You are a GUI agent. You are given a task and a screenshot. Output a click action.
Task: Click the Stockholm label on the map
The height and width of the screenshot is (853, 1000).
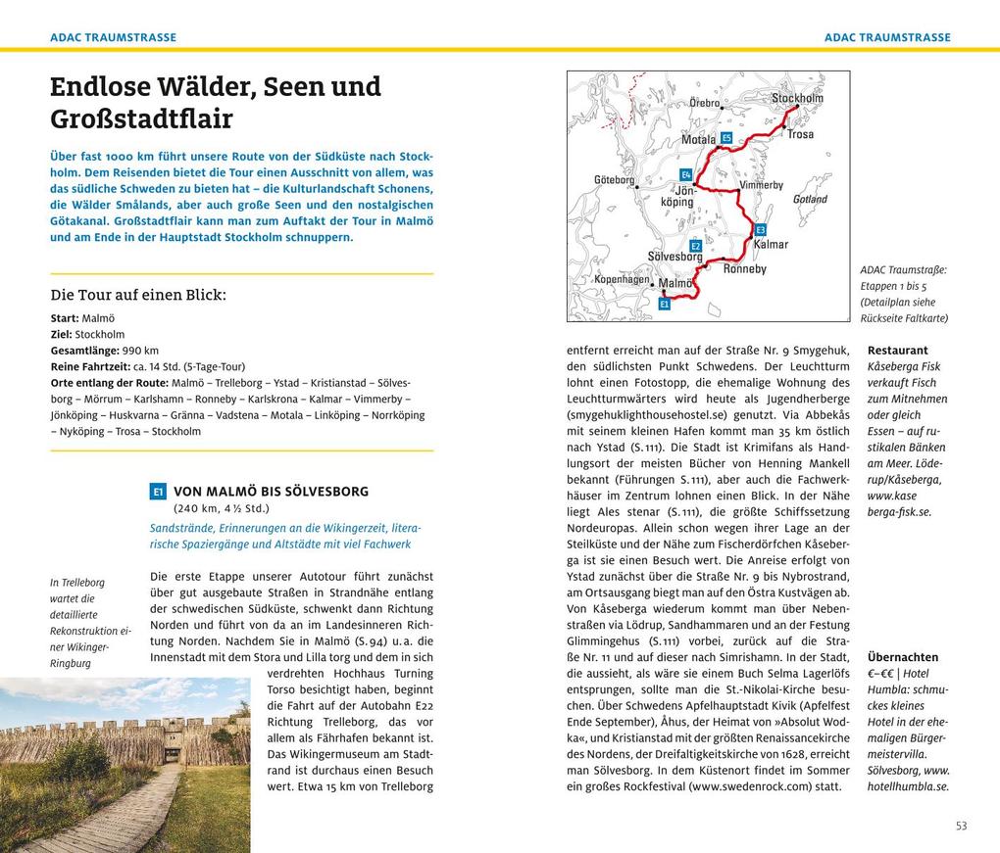point(797,98)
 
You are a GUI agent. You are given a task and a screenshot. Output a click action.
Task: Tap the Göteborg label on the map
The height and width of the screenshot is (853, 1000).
point(615,180)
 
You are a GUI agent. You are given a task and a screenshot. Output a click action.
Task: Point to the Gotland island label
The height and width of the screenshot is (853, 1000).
point(810,199)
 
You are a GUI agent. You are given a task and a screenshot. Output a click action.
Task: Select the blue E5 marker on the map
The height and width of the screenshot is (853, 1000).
point(725,138)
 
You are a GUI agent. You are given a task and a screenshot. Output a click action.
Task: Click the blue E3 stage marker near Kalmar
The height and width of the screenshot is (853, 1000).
point(760,229)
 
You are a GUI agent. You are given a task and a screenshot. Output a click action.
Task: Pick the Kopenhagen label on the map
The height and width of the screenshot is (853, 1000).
point(622,279)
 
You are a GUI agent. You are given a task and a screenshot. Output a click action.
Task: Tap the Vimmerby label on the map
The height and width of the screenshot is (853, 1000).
point(761,185)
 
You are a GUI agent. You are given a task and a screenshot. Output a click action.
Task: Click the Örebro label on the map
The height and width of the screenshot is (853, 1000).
point(705,103)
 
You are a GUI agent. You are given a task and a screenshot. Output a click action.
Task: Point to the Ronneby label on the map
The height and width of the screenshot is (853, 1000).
point(744,268)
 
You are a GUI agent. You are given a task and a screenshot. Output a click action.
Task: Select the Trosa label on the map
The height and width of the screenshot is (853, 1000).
point(800,134)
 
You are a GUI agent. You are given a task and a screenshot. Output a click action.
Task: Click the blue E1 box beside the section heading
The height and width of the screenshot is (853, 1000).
point(158,492)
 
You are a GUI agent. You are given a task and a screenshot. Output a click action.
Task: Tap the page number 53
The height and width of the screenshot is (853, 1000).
point(961,826)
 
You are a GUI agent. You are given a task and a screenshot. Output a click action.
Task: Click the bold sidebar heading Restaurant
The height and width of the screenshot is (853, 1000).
point(897,351)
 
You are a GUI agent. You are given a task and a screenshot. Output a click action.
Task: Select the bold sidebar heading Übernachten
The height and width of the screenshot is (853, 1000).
point(902,657)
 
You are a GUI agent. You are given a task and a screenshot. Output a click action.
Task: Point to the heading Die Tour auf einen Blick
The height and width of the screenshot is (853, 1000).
point(138,295)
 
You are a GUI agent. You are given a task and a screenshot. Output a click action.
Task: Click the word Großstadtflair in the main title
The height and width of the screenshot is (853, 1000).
point(141,119)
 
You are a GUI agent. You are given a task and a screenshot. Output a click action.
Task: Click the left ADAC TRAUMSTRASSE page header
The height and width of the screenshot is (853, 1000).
point(114,37)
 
